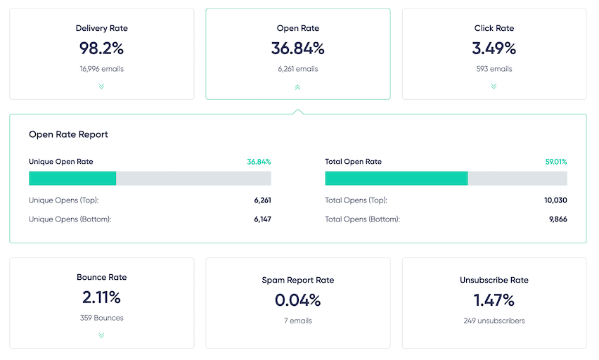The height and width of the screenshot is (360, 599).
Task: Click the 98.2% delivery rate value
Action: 101,49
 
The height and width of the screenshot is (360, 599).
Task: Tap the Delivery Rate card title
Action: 101,29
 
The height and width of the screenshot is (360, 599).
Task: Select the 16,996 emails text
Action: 101,69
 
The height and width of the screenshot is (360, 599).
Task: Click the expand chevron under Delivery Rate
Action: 101,86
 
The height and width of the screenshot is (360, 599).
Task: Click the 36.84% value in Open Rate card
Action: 297,49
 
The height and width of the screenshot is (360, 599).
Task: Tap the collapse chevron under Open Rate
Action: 297,87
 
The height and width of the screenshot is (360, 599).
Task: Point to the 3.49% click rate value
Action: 494,49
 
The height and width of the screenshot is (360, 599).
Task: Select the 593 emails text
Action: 494,69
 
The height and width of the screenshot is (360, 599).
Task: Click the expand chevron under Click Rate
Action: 494,86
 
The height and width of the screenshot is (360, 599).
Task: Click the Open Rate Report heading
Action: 68,134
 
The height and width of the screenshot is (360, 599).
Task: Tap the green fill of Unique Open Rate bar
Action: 72,179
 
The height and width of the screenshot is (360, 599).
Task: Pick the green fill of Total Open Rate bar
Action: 396,179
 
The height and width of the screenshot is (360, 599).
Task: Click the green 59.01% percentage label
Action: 555,162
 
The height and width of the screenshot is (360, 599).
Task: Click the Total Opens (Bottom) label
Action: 362,219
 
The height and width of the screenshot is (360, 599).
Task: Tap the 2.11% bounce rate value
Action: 101,297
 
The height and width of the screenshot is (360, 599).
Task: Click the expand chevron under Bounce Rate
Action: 101,335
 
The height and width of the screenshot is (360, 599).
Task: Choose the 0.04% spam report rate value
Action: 297,300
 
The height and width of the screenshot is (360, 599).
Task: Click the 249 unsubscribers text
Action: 494,321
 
